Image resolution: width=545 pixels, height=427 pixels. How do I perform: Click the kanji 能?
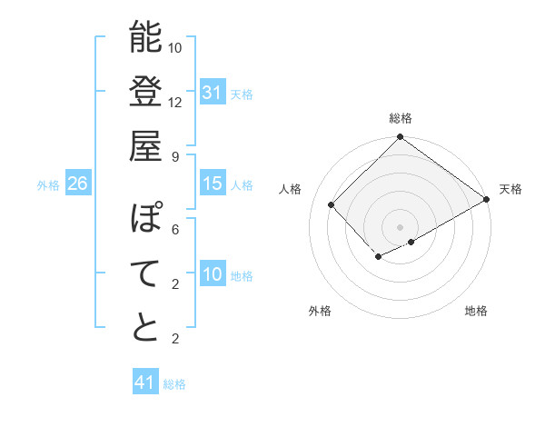[145, 38]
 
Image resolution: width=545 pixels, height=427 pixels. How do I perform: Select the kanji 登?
[145, 92]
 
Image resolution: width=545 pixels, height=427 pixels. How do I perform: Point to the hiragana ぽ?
[145, 220]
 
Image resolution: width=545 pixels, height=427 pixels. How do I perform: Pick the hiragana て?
[145, 273]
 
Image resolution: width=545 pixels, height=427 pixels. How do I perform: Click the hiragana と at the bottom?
[145, 327]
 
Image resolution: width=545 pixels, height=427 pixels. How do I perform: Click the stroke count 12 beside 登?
[175, 102]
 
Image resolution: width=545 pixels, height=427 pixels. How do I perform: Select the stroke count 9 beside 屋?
[175, 155]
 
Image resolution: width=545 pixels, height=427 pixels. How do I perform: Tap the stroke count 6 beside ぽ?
[175, 230]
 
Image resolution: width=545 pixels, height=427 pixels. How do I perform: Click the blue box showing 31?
[213, 93]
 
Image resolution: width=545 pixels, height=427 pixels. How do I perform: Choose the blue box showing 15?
[213, 184]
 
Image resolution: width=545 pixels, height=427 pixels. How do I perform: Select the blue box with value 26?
[77, 184]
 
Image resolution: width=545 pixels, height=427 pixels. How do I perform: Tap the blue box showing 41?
[145, 382]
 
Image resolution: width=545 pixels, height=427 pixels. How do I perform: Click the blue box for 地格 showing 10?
[213, 274]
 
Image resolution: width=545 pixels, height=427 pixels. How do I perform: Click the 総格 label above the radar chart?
[400, 119]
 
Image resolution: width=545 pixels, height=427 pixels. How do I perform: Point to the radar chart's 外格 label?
[320, 311]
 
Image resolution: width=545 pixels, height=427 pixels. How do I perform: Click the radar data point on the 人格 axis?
[332, 204]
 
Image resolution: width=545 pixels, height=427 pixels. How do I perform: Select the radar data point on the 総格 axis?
[400, 138]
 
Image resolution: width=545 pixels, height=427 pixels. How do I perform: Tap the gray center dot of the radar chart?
[400, 226]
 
